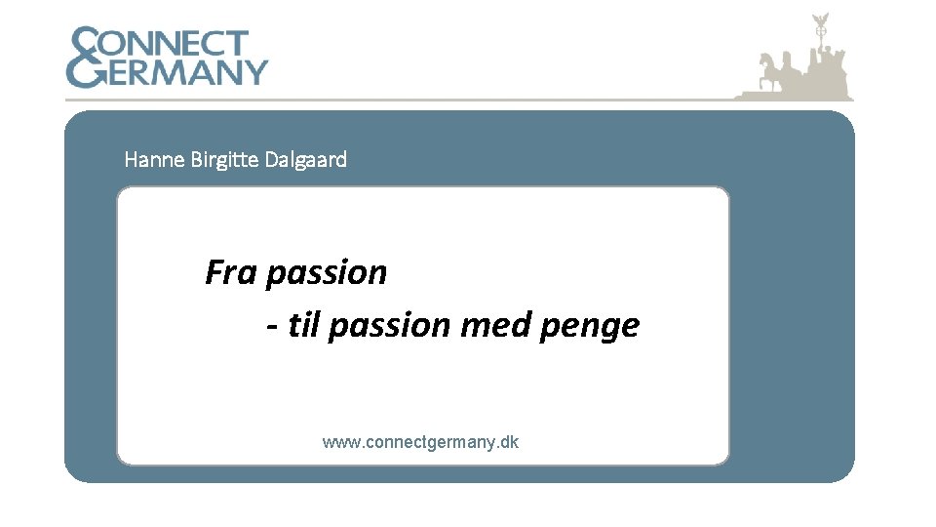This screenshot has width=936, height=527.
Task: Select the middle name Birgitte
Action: [225, 159]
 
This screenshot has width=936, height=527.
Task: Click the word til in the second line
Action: [305, 325]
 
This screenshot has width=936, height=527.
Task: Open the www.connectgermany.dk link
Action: [420, 442]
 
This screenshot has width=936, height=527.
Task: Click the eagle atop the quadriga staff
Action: [820, 20]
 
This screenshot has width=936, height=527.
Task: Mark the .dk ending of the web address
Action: [508, 442]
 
